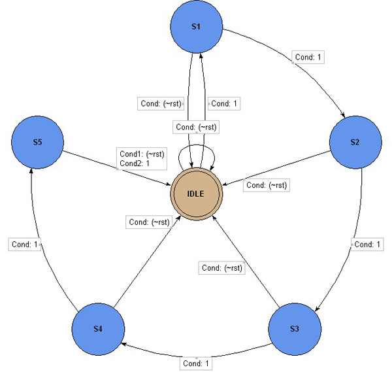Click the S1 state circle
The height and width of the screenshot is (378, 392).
click(197, 27)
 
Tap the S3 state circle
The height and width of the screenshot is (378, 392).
click(295, 327)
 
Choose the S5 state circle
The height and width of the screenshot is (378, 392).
click(37, 142)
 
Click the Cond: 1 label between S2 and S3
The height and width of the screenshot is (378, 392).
click(368, 244)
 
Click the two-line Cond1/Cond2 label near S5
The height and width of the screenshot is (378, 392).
click(142, 158)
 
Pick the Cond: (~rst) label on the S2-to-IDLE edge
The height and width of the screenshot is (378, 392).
click(267, 185)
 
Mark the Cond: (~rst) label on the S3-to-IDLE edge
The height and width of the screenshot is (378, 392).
click(223, 267)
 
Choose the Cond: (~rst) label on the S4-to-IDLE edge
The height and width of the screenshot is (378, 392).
click(150, 222)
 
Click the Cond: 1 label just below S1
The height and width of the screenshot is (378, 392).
click(225, 103)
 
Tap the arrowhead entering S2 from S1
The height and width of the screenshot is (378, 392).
click(343, 114)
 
